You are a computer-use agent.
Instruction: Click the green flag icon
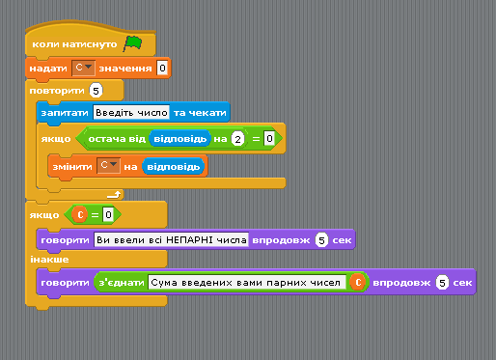132,43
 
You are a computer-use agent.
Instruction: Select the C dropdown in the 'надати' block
83,68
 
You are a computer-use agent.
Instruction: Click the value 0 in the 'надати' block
162,68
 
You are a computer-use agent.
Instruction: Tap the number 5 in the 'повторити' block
96,91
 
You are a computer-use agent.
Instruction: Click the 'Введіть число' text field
131,113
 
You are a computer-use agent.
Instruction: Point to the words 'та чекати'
200,113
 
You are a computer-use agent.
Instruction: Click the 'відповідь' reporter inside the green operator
180,139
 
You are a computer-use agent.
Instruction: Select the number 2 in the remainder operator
237,139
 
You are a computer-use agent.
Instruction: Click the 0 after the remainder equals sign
269,139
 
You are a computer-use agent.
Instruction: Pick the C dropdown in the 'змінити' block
109,166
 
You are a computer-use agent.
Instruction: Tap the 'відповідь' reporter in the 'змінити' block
174,167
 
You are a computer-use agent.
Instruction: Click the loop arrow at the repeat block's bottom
114,194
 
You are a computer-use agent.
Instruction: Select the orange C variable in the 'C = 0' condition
80,214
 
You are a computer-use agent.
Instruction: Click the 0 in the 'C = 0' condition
108,214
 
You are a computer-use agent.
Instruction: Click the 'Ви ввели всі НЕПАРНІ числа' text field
171,240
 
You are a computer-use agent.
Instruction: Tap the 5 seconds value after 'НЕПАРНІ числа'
321,240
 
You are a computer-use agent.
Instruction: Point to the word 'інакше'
49,260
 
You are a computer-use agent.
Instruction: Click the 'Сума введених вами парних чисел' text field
247,283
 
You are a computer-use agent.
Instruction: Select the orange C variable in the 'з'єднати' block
358,283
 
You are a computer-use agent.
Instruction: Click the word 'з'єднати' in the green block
122,283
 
